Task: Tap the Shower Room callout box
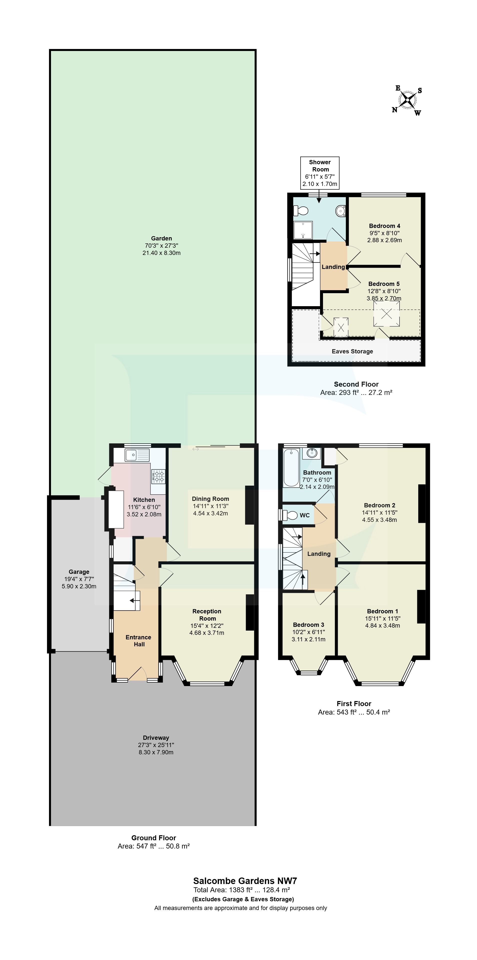320,172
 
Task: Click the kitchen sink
131,455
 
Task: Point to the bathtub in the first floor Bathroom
291,468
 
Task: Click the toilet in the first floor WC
289,515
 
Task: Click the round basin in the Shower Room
340,211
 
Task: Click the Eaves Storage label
352,351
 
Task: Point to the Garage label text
79,572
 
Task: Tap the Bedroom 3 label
308,625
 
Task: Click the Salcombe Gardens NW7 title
245,881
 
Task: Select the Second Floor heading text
356,384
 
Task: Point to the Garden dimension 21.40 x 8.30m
161,253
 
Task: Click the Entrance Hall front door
137,674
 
